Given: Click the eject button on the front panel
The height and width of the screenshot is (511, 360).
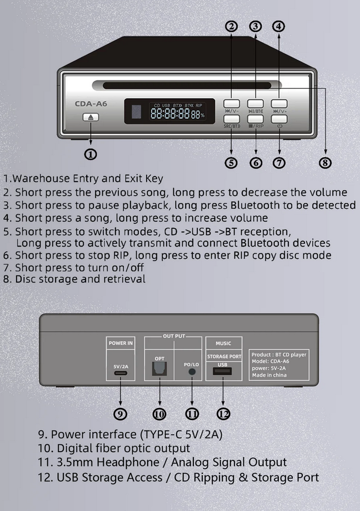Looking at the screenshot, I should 91,118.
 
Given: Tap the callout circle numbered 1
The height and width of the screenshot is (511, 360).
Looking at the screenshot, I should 91,154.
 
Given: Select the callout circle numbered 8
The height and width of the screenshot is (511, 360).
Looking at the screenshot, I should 326,162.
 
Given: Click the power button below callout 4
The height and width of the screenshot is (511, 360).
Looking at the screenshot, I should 279,118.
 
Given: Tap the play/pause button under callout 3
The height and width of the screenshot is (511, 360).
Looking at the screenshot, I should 256,103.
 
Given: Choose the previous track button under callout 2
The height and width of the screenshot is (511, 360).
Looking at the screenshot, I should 232,103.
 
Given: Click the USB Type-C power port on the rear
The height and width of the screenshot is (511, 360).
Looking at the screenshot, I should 120,374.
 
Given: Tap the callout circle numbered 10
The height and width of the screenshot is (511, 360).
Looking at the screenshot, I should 159,414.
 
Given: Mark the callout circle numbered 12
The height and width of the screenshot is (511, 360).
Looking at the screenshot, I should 223,414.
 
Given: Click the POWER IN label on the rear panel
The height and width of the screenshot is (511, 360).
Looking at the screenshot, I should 120,343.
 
